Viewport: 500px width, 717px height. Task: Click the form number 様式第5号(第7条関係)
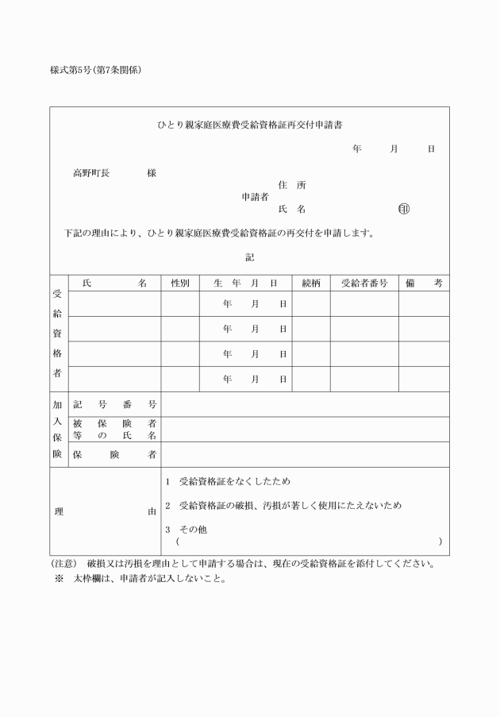click(96, 71)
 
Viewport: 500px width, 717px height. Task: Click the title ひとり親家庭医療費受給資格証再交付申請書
click(250, 125)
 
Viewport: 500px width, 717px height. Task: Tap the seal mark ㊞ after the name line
click(404, 210)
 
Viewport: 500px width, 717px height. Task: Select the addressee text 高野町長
click(90, 173)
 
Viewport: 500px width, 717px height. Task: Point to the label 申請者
click(255, 196)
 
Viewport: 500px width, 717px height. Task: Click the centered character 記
click(250, 256)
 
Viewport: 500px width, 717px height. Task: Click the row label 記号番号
click(114, 405)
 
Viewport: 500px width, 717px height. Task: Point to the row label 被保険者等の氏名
click(114, 430)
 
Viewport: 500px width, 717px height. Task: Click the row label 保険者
click(114, 455)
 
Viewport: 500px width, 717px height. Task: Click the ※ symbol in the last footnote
click(59, 578)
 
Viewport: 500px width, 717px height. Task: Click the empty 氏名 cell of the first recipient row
click(114, 304)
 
